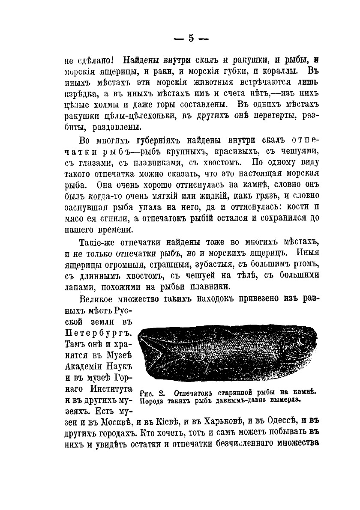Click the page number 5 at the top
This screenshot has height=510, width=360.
(x=191, y=38)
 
